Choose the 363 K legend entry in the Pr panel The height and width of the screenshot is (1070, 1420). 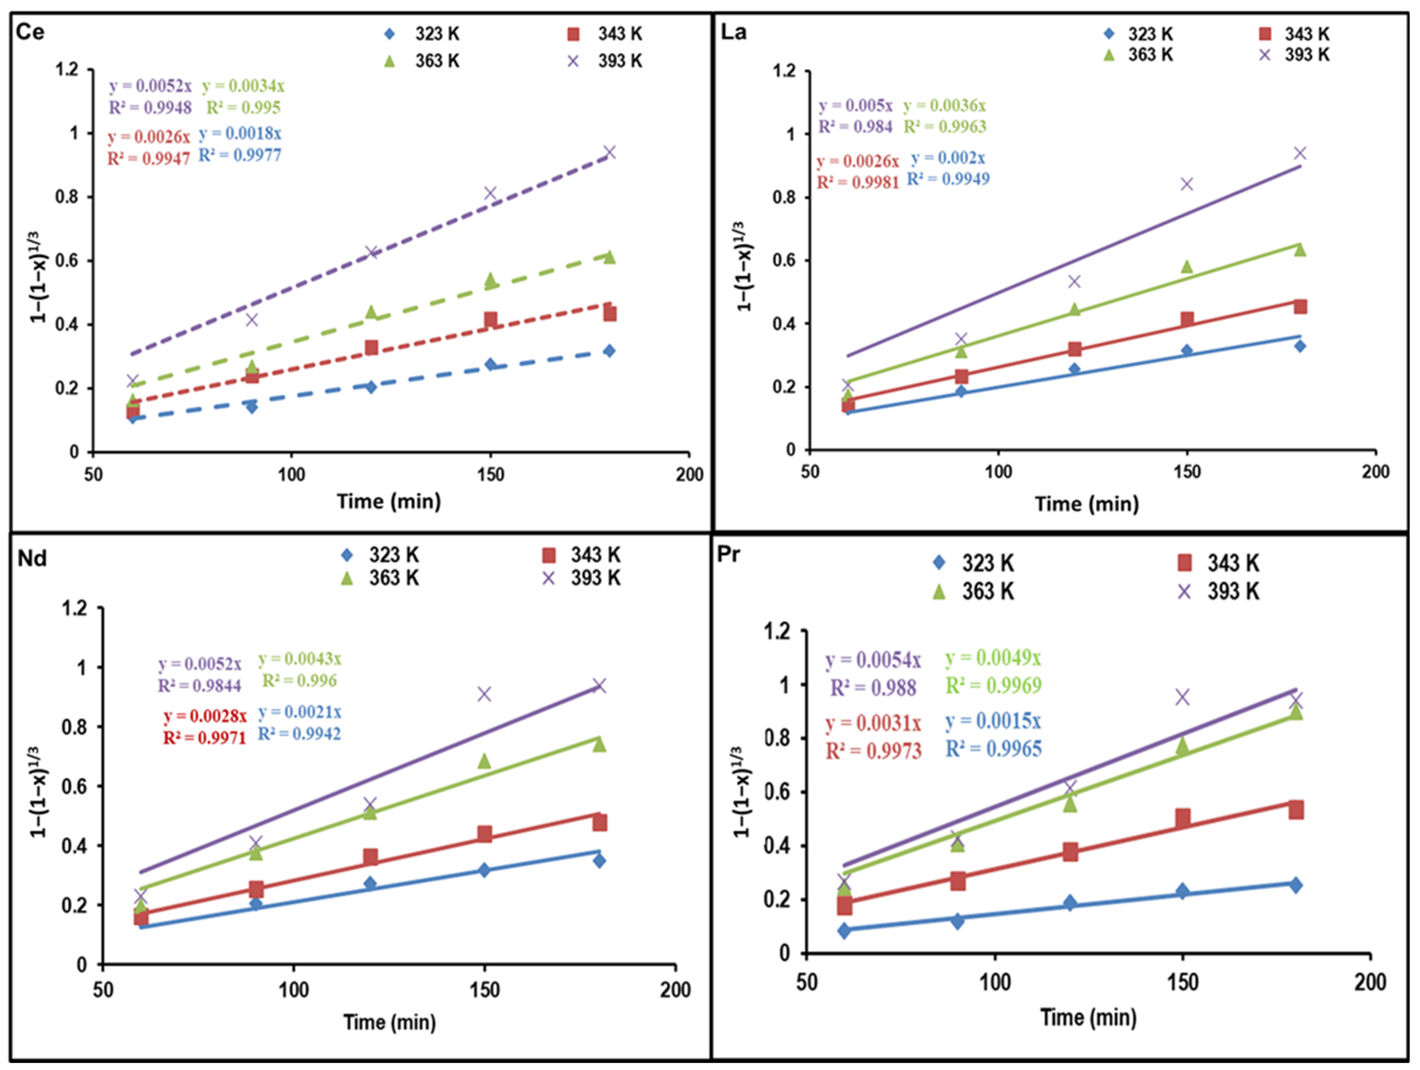974,590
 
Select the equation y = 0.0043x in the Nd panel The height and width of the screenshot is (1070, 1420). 300,659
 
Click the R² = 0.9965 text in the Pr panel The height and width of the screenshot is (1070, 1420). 994,748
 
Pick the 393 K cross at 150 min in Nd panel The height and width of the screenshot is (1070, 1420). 484,694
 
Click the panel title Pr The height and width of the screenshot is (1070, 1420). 729,553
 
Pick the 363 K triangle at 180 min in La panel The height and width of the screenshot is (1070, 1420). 1300,249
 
